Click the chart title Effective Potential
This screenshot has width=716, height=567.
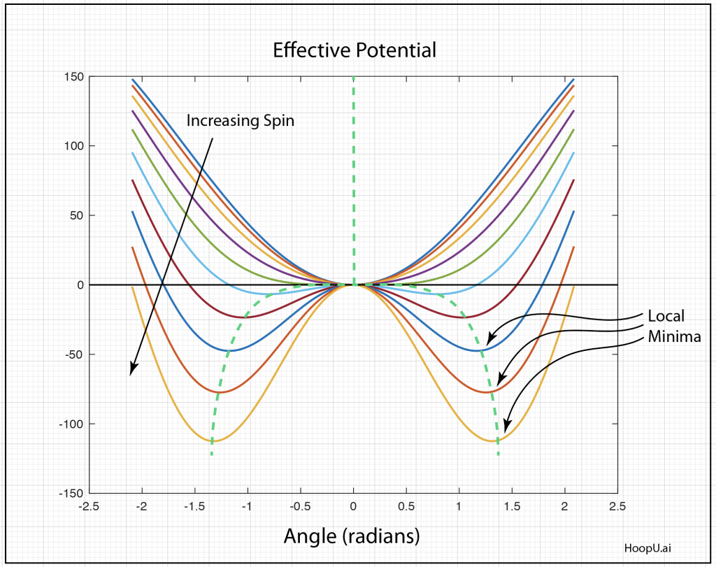tap(354, 50)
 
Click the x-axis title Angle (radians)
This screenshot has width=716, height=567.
tap(352, 536)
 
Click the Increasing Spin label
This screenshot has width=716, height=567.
tap(240, 120)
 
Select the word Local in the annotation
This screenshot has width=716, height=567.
tap(666, 315)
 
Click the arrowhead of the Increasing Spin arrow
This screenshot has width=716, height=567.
tap(131, 371)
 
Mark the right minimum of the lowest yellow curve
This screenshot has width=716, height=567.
tap(494, 440)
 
